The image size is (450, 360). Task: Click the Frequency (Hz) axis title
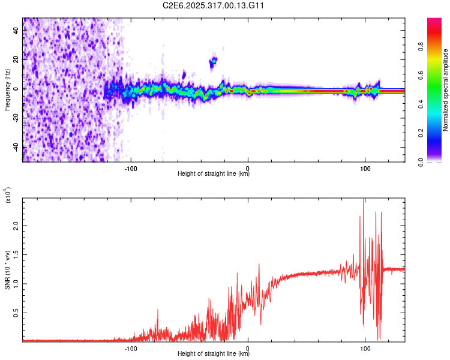coord(7,89)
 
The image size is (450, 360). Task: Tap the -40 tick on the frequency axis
coord(15,148)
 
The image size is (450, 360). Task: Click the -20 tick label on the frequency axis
coord(15,118)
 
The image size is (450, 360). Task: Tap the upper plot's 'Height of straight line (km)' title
coord(214,175)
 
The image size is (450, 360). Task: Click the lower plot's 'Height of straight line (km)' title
coord(214,353)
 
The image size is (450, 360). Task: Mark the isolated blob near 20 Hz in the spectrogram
coord(213,61)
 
